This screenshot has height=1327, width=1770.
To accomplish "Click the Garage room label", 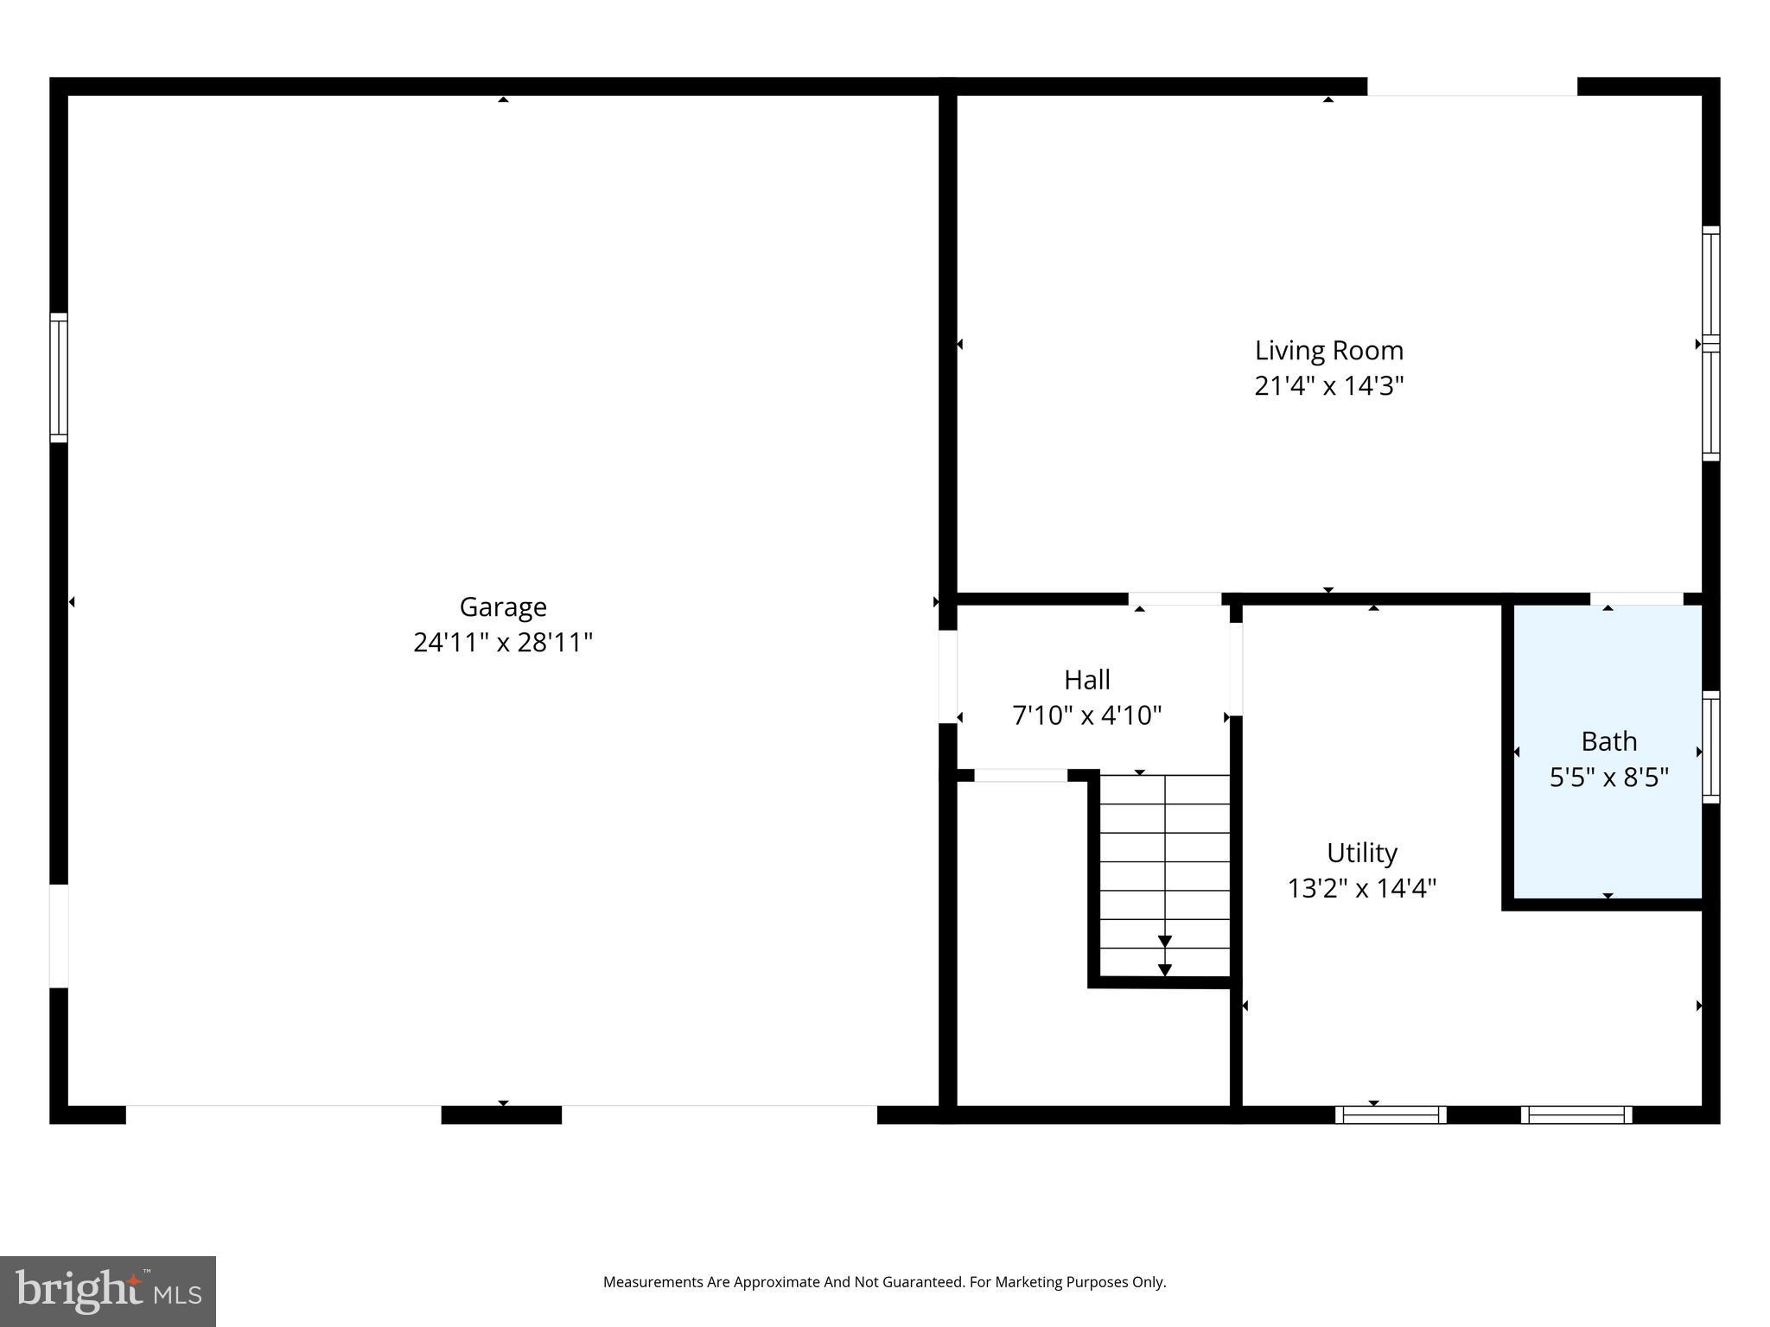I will (x=502, y=606).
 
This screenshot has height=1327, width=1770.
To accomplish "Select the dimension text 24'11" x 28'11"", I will (x=502, y=643).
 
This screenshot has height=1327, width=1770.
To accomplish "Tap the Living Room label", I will (x=1328, y=351).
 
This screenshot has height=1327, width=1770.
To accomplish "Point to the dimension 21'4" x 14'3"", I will (x=1328, y=386).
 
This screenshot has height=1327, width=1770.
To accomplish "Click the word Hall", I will (x=1086, y=680).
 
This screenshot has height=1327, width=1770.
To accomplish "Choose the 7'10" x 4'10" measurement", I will (x=1086, y=715).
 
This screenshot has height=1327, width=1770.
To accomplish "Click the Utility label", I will (x=1361, y=853).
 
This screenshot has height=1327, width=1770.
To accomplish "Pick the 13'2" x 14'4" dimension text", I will (x=1361, y=888).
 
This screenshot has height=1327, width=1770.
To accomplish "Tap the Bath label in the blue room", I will (x=1608, y=741).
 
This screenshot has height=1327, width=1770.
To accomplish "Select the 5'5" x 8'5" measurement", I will (x=1608, y=778).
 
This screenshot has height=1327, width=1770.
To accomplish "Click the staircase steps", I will (x=1164, y=864).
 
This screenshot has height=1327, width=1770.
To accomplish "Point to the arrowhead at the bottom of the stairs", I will (x=1164, y=969).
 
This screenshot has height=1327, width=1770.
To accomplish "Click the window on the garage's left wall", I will (x=58, y=378).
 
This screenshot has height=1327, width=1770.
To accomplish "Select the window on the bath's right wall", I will (x=1710, y=747).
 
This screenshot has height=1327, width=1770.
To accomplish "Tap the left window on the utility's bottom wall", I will (x=1390, y=1114).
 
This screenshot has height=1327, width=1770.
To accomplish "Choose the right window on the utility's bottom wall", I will (x=1576, y=1114).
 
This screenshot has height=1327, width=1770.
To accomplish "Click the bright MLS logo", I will (x=107, y=1291).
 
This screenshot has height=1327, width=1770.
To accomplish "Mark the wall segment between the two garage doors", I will (x=501, y=1114).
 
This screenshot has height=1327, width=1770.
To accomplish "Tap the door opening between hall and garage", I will (x=947, y=676).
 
